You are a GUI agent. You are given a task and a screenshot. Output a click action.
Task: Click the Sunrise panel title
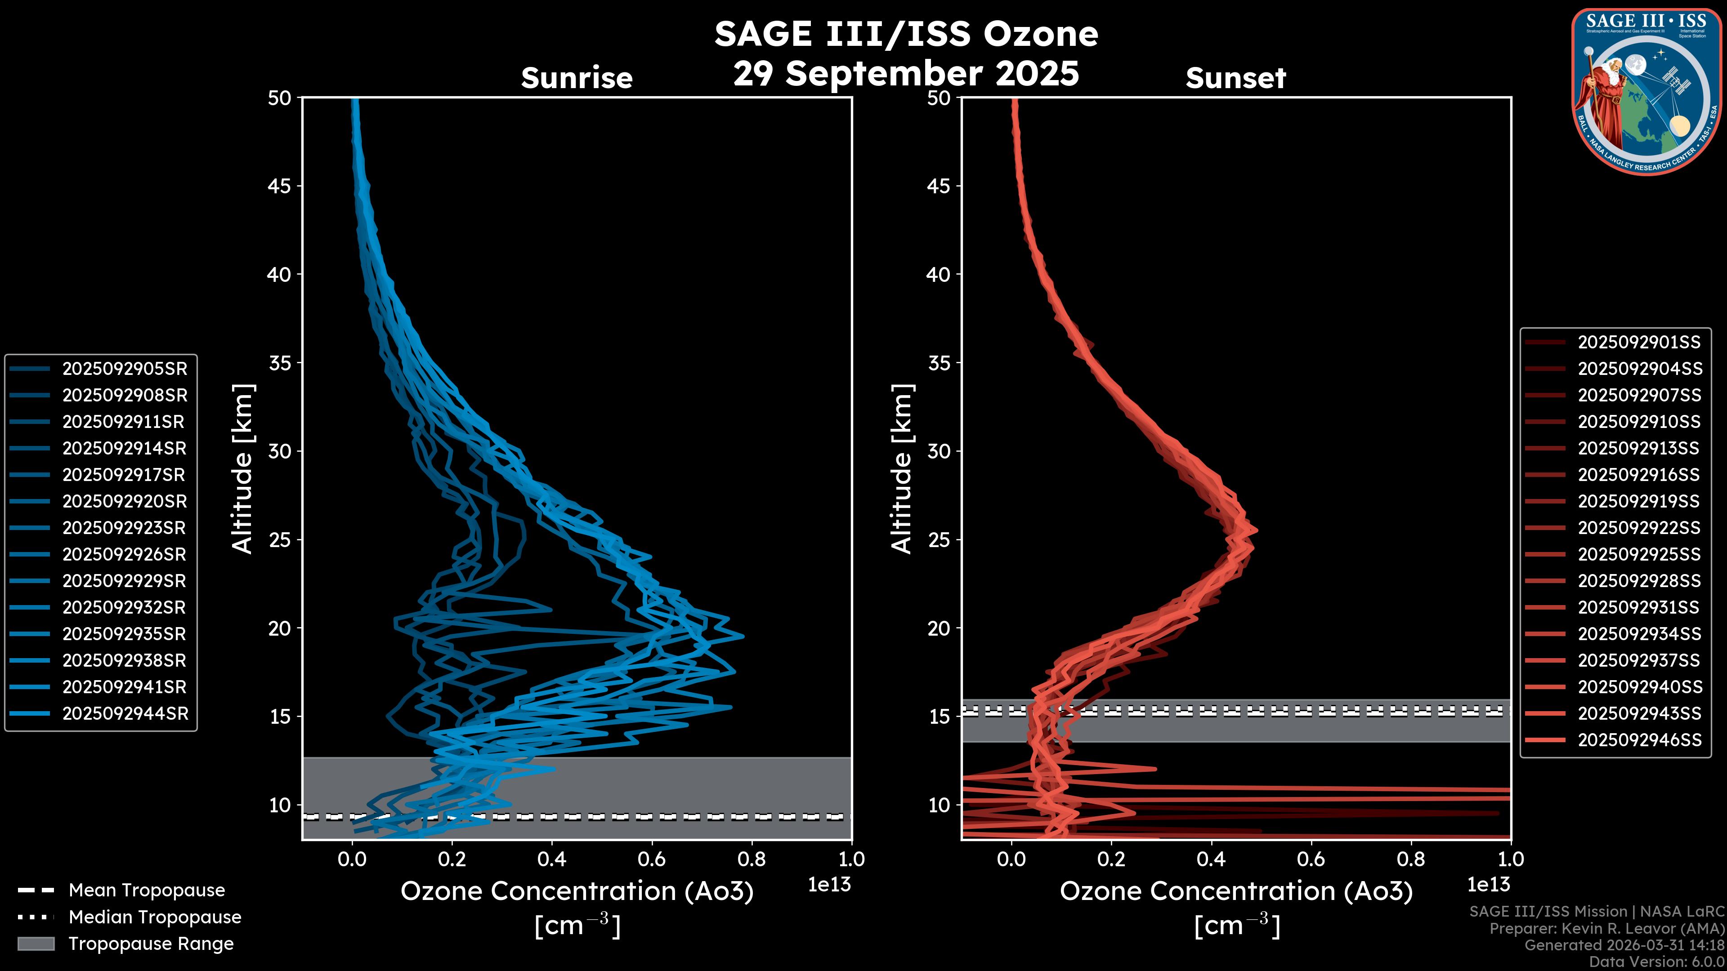[x=577, y=78]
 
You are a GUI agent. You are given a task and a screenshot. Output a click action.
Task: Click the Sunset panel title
[x=1235, y=78]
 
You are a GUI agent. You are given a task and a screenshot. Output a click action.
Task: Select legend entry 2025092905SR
[x=125, y=369]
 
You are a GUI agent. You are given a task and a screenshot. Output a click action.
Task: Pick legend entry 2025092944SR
[x=125, y=714]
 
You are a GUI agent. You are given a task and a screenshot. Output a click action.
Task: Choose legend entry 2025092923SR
[x=124, y=528]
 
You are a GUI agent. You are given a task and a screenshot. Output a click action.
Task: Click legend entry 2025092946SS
[x=1639, y=740]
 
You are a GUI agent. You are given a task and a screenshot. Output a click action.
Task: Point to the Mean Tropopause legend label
[x=147, y=890]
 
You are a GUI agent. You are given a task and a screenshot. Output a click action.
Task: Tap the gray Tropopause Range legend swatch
[x=36, y=944]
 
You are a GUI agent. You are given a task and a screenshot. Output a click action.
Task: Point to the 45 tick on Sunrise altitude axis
[x=280, y=186]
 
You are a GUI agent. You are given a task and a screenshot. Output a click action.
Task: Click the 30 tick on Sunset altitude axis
[x=939, y=451]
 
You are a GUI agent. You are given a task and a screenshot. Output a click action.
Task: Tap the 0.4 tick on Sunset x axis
[x=1211, y=859]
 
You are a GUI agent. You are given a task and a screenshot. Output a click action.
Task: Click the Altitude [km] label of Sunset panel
[x=902, y=468]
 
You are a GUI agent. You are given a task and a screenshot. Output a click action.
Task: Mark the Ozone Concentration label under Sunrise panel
[x=577, y=891]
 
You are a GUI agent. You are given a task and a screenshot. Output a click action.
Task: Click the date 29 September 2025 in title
[x=906, y=73]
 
